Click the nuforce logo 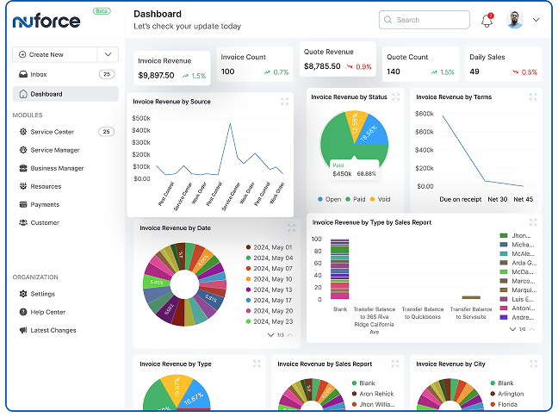pyautogui.click(x=47, y=20)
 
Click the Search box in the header pyautogui.click(x=422, y=20)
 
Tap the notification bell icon pyautogui.click(x=487, y=21)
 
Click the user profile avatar pyautogui.click(x=516, y=20)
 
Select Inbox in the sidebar pyautogui.click(x=39, y=74)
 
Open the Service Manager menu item pyautogui.click(x=55, y=150)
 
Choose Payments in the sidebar pyautogui.click(x=45, y=204)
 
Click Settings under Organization pyautogui.click(x=42, y=294)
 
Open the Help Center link pyautogui.click(x=48, y=312)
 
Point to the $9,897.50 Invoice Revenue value pyautogui.click(x=156, y=76)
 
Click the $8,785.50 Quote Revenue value pyautogui.click(x=322, y=66)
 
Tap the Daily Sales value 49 pyautogui.click(x=474, y=72)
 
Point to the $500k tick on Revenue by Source pyautogui.click(x=141, y=118)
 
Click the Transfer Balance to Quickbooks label pyautogui.click(x=423, y=313)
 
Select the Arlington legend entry pyautogui.click(x=512, y=393)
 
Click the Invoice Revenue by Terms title pyautogui.click(x=454, y=97)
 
